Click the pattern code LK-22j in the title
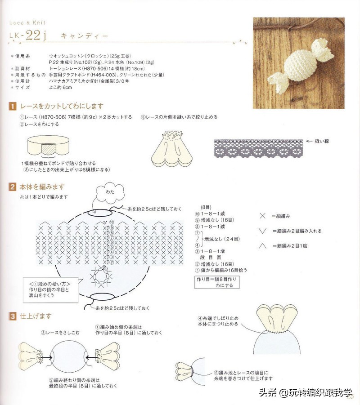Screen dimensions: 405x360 coord(28,36)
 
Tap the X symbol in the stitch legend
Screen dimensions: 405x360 coord(263,216)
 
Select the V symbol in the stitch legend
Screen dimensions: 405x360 coord(263,231)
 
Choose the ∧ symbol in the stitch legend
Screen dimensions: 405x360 coord(263,246)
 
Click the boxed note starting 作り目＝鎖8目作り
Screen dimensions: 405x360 coord(217,282)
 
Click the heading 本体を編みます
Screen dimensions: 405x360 coord(43,187)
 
